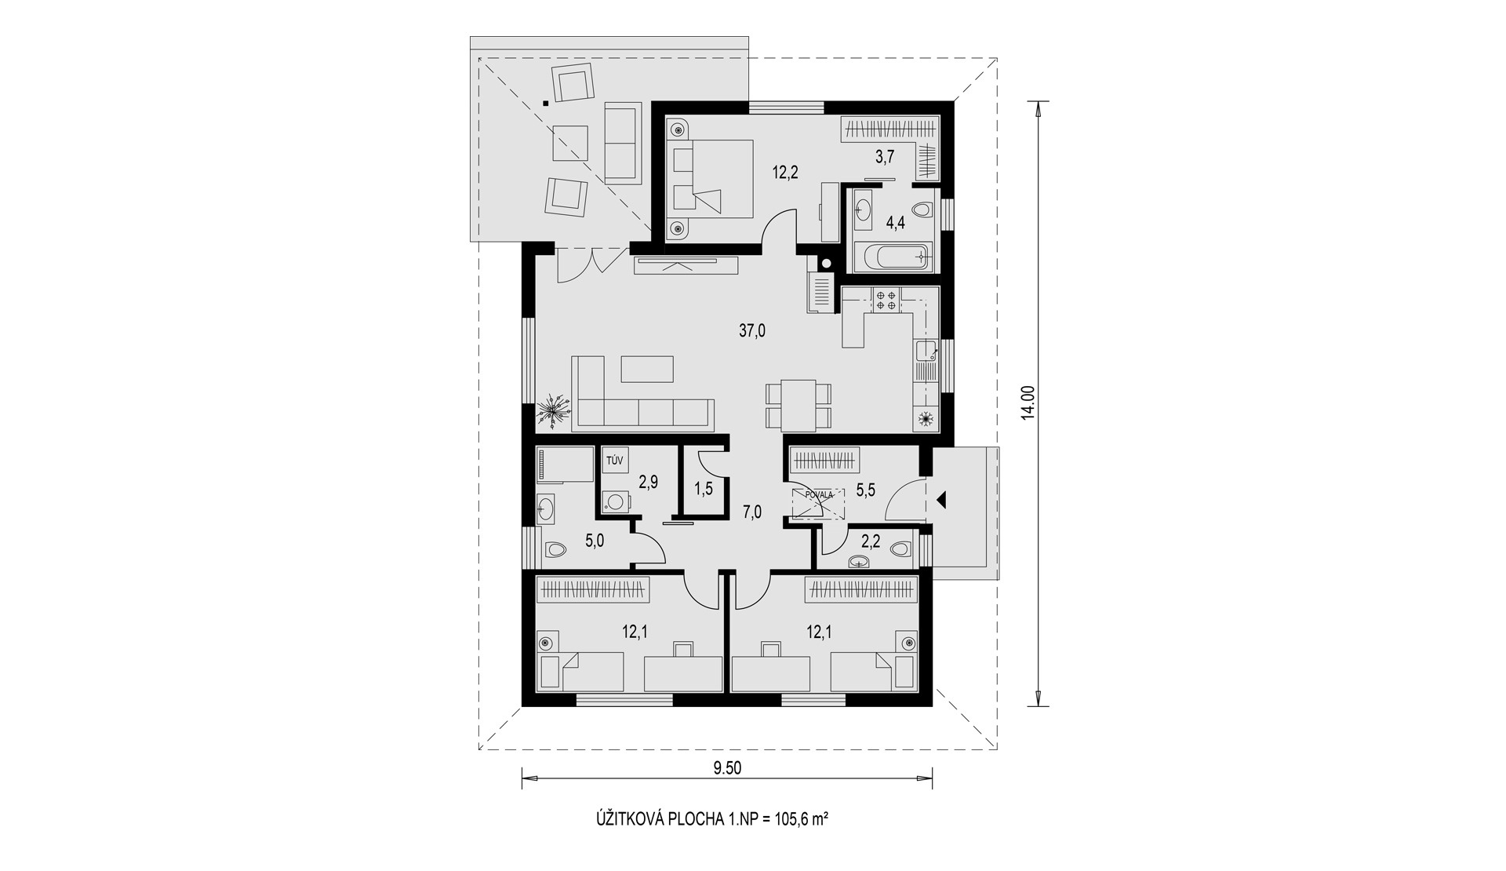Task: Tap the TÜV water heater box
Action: pos(614,461)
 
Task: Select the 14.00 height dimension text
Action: pos(1028,403)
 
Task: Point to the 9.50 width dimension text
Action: pos(727,769)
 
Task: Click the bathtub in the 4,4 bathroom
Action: pos(894,256)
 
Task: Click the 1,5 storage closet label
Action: pos(703,489)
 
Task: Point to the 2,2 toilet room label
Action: pos(871,541)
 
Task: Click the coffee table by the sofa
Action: pos(647,369)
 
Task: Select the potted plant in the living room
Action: pos(555,410)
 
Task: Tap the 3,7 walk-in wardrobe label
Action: pos(885,156)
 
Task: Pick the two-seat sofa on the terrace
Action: pos(622,144)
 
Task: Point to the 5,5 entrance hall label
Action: pos(865,490)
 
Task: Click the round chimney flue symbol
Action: pos(824,264)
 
